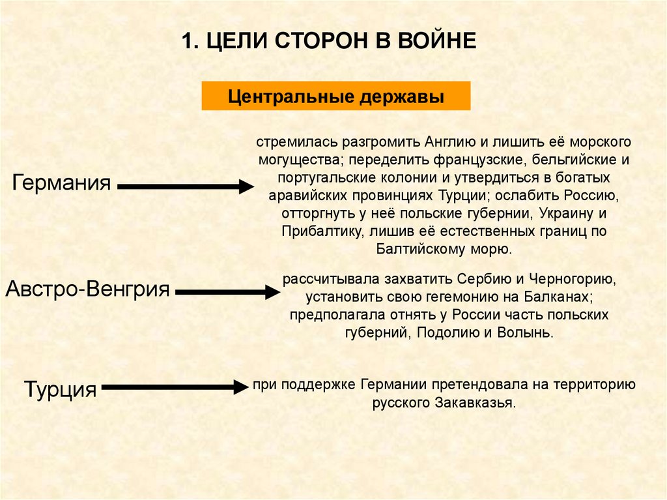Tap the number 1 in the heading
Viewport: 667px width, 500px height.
pyautogui.click(x=186, y=42)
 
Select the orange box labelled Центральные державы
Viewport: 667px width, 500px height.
pyautogui.click(x=335, y=96)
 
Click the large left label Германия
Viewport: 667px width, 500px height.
pyautogui.click(x=61, y=182)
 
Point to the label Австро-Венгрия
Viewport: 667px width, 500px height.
pyautogui.click(x=87, y=288)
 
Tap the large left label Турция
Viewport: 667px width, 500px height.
pyautogui.click(x=60, y=389)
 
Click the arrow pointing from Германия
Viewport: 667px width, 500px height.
pyautogui.click(x=185, y=187)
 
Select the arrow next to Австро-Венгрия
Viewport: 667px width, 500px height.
pyautogui.click(x=227, y=293)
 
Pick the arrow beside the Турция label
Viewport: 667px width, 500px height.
pyautogui.click(x=171, y=388)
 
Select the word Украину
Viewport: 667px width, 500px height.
pyautogui.click(x=553, y=213)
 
